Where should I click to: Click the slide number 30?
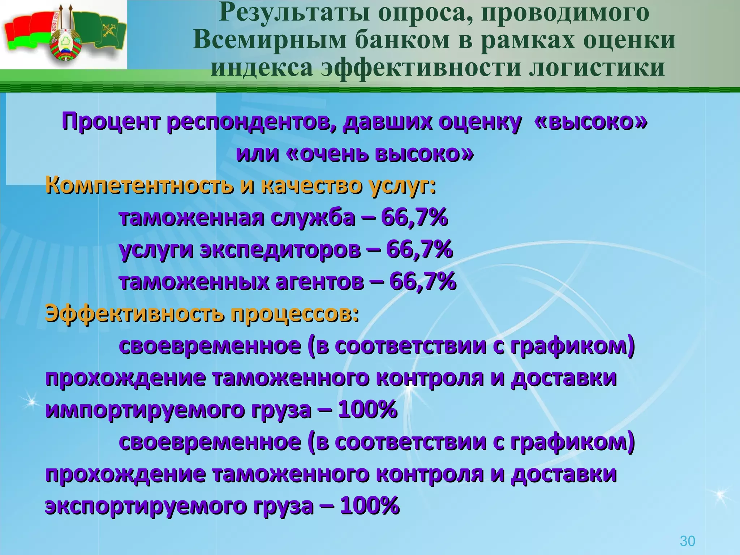pyautogui.click(x=687, y=541)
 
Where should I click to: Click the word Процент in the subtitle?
pyautogui.click(x=111, y=122)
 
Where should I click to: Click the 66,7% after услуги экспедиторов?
pyautogui.click(x=419, y=249)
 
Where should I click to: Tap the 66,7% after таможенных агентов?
pyautogui.click(x=422, y=281)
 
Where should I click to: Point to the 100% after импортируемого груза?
pyautogui.click(x=368, y=410)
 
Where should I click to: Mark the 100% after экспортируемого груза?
pyautogui.click(x=370, y=505)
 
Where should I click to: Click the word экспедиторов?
pyautogui.click(x=280, y=249)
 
